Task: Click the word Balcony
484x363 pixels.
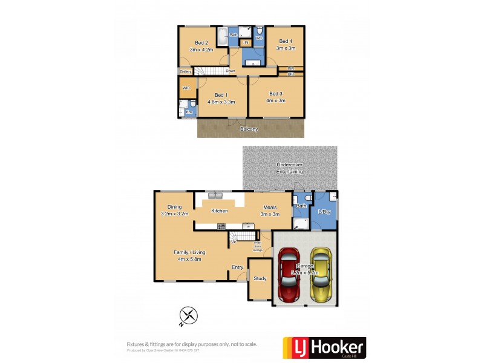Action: [x=249, y=129]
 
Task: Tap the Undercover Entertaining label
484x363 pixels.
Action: [x=290, y=168]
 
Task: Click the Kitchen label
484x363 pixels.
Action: [x=219, y=211]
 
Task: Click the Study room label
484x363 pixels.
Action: [x=260, y=279]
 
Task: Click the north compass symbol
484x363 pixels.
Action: [x=189, y=315]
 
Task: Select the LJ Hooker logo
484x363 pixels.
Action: [x=324, y=348]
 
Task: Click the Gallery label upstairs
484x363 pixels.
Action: [x=185, y=71]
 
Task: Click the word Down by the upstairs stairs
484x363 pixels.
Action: [x=231, y=71]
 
